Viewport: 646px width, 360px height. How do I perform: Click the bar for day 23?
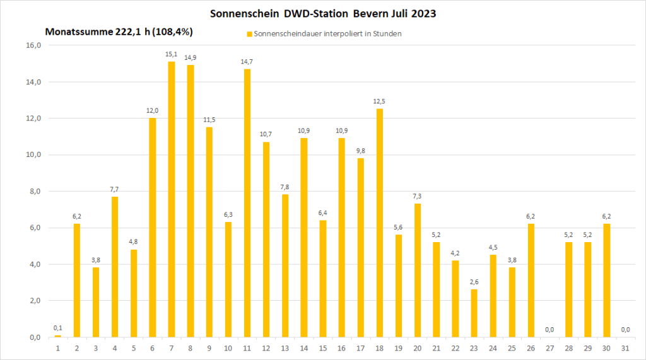click(474, 313)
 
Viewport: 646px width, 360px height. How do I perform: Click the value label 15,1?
click(172, 55)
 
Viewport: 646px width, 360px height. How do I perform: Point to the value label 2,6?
click(474, 283)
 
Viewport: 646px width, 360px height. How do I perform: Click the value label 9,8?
click(361, 151)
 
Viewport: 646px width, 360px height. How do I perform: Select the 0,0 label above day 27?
click(549, 330)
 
